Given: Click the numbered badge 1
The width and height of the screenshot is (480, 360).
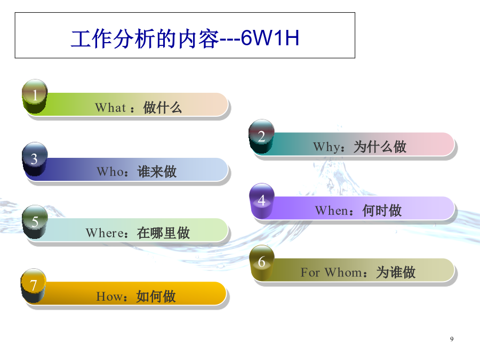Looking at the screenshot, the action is point(35,96).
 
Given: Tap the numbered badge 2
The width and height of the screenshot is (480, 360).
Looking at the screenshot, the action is point(261,137).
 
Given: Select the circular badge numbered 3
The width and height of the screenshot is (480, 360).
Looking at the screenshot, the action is point(35,159).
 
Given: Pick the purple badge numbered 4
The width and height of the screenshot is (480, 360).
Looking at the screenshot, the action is point(262,201).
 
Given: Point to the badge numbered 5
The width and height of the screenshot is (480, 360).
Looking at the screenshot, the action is point(35,222).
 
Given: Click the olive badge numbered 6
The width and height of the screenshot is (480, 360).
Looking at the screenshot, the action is point(262,262).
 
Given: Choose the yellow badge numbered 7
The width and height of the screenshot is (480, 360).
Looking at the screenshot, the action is point(34,286).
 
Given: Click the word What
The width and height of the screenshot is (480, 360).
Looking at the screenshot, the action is point(110,108).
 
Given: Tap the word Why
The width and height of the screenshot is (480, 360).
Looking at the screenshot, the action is point(326,147).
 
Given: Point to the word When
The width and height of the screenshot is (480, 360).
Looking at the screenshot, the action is point(332,211).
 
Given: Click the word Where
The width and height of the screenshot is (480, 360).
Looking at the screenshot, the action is point(105,233).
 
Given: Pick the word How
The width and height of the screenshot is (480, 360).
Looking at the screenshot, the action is point(109,297).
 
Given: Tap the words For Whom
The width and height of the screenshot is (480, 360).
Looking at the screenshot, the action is point(331,272).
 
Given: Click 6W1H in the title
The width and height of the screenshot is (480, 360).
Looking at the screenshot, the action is point(270,38).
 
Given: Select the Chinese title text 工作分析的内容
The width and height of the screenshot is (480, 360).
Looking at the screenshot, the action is point(145,39).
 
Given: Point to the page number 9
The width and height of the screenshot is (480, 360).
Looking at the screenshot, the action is point(452,339).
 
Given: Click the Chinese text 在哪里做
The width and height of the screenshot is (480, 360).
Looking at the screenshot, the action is point(164,233).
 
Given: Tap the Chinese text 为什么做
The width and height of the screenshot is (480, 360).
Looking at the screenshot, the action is point(380,147).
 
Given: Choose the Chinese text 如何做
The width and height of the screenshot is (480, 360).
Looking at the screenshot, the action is point(156,297).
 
